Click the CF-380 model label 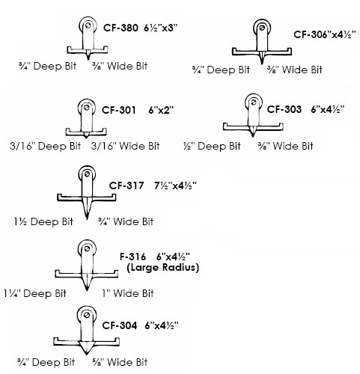(120, 28)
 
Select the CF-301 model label (119, 110)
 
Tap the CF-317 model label (126, 186)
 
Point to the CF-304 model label (120, 325)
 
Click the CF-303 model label (284, 109)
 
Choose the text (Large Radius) (162, 268)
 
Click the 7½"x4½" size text (175, 186)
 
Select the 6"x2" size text (161, 110)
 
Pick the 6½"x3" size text (160, 28)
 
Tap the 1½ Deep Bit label (43, 221)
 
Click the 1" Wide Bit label (128, 293)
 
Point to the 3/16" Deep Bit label (46, 146)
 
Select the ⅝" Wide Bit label (120, 362)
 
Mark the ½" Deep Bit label (212, 146)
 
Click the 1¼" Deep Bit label (35, 293)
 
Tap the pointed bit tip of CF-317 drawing (87, 219)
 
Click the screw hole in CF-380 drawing (88, 25)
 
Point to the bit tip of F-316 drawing (87, 289)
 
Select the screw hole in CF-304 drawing (87, 315)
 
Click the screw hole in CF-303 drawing (254, 102)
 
